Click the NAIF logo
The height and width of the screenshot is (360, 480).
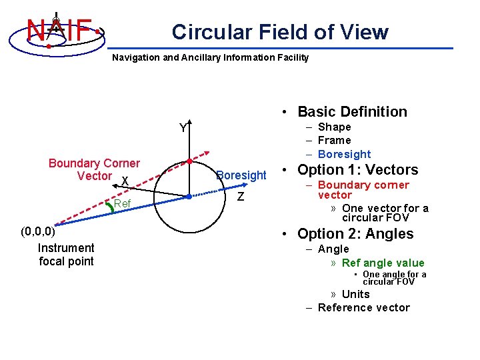point(59,30)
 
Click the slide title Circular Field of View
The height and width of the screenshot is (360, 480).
point(280,32)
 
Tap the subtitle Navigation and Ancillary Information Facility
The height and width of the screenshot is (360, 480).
point(210,57)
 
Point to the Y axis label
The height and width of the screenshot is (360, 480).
point(183,128)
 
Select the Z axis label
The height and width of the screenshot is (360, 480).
point(241,197)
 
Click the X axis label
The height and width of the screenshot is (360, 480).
point(125,181)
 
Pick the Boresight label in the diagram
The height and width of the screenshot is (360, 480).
point(241,175)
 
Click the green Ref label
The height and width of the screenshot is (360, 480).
point(122,203)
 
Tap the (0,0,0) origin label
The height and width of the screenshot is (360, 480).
point(37,232)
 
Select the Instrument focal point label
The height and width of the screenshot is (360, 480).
point(66,255)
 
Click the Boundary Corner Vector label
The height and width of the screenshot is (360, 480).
point(94,169)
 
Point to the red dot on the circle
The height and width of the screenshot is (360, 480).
point(189,161)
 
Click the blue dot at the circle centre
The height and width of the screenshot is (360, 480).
point(189,197)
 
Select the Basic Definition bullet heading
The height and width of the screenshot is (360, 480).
point(352,112)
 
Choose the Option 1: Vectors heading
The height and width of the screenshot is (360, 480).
point(357,169)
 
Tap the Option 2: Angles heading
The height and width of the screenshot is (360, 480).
point(355,234)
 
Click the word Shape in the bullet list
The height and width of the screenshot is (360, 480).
point(334,127)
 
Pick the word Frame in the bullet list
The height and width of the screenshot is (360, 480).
point(334,140)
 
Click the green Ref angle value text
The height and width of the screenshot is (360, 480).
point(383,263)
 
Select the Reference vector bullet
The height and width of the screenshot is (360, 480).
point(363,307)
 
